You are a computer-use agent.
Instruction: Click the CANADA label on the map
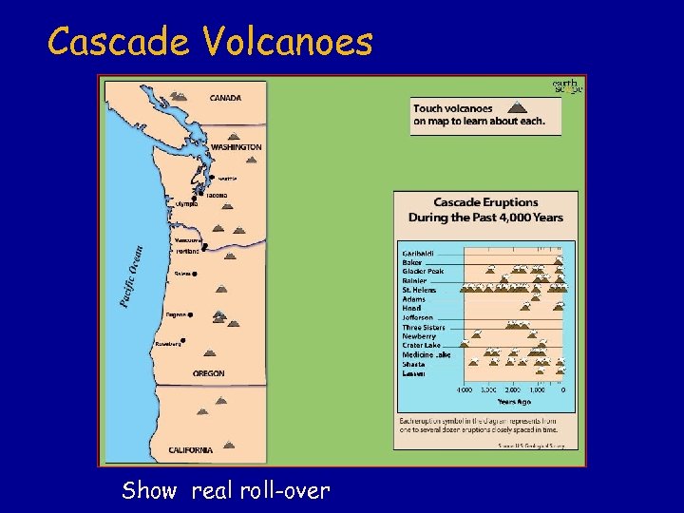[225, 98]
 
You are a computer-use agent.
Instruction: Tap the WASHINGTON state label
[236, 147]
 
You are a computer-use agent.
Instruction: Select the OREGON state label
[209, 373]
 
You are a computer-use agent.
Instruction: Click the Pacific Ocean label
[132, 276]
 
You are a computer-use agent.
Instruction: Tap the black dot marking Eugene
[191, 314]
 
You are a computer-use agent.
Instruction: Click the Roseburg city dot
[182, 340]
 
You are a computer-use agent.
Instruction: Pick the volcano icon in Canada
[178, 95]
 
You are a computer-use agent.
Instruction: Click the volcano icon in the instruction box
[516, 107]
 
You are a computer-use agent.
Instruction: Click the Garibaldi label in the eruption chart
[419, 254]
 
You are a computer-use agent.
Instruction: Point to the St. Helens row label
[419, 290]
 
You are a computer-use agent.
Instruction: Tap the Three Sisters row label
[424, 327]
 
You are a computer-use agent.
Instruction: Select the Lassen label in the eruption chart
[413, 373]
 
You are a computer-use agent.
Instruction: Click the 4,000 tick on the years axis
[465, 390]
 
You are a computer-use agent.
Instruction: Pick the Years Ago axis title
[514, 402]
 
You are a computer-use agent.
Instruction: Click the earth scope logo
[567, 87]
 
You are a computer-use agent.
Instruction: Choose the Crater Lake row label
[422, 345]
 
